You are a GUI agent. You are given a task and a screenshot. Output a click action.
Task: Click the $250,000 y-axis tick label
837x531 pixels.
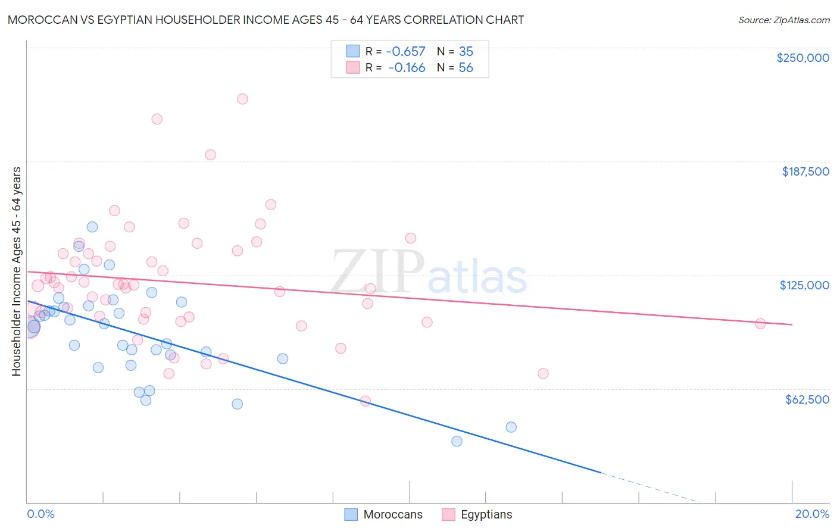point(802,58)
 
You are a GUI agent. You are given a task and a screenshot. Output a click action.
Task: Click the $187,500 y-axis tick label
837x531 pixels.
point(805,171)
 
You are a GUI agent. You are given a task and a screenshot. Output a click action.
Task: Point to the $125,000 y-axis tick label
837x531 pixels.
point(804,285)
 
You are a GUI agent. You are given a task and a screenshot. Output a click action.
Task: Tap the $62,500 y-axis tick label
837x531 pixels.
point(807,399)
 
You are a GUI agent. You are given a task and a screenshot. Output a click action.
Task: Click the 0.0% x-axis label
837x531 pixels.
point(40,514)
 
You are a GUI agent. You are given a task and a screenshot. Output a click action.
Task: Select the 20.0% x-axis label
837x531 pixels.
point(812,514)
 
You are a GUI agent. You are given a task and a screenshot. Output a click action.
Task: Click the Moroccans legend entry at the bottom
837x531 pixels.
point(393,514)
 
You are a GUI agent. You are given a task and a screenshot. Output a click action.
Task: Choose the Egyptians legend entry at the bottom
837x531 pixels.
point(486,514)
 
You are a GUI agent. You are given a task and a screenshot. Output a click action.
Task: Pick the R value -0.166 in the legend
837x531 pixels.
point(407,68)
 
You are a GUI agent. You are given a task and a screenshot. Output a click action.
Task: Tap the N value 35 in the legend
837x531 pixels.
point(466,52)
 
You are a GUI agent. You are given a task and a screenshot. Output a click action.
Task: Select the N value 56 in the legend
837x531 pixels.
point(466,68)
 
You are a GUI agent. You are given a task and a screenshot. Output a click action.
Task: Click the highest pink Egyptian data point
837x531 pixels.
point(242,99)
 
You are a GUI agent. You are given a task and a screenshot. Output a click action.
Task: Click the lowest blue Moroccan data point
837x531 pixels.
point(457,441)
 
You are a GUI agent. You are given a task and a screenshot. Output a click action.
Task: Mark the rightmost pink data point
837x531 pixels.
point(760,324)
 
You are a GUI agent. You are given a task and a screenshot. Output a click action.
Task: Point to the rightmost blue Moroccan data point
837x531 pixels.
point(511,427)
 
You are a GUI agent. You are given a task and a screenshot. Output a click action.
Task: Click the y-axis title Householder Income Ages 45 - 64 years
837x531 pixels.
point(17,271)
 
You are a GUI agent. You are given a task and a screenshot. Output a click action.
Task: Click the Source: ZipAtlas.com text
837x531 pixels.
point(783,20)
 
